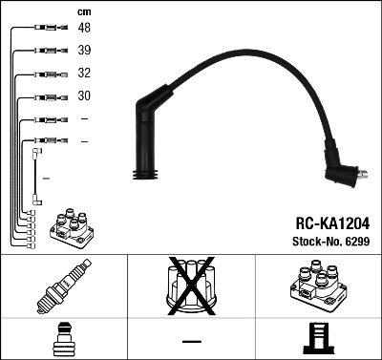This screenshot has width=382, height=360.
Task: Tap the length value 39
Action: pyautogui.click(x=85, y=52)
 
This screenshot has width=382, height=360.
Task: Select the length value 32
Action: pyautogui.click(x=85, y=74)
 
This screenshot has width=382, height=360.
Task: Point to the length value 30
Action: pyautogui.click(x=85, y=96)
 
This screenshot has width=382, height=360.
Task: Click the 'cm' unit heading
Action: pyautogui.click(x=83, y=11)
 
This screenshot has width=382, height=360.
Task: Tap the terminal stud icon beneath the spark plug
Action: pyautogui.click(x=60, y=340)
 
